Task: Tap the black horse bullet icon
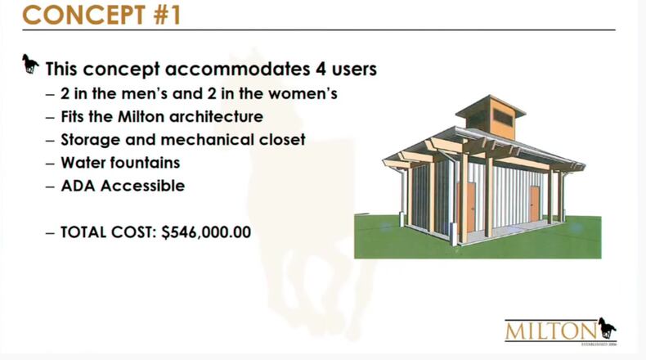point(30,64)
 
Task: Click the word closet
point(281,139)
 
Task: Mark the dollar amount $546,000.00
point(206,232)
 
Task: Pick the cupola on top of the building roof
point(491,115)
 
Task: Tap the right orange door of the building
point(534,203)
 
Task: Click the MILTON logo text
point(550,331)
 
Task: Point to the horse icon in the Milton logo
point(606,327)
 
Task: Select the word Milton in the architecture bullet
point(137,116)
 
